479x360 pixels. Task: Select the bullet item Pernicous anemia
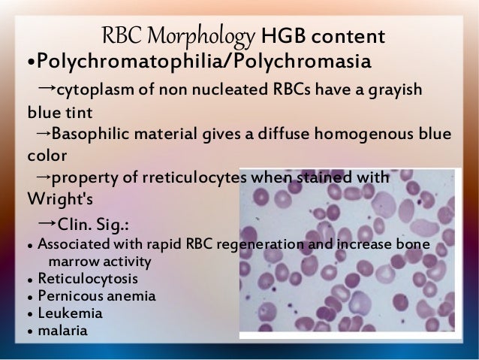coord(96,296)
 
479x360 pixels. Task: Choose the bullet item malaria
coord(64,329)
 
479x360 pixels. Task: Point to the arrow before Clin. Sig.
coord(46,223)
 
